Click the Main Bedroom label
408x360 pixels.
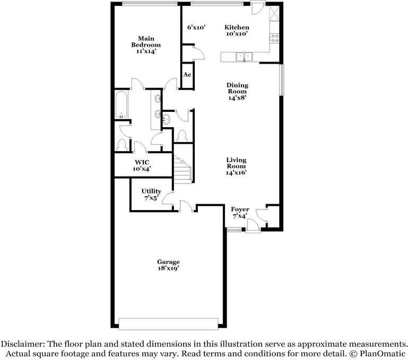[x=146, y=45]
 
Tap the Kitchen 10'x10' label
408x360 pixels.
[x=237, y=30]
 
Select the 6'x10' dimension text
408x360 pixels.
[x=196, y=27]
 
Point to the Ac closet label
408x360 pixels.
[x=187, y=75]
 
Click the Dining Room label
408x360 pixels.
[x=237, y=91]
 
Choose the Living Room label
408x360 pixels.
[x=236, y=166]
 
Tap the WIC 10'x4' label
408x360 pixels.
[x=142, y=165]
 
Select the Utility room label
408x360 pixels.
[x=151, y=195]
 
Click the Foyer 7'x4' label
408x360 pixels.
[x=240, y=213]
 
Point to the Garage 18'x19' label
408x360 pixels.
[x=168, y=265]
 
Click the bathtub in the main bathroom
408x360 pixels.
[x=121, y=104]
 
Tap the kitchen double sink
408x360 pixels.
[x=244, y=57]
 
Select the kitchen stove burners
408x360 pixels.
[x=275, y=38]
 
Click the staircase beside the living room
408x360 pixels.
[x=183, y=169]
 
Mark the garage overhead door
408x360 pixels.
[x=168, y=324]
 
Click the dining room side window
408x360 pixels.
[x=282, y=80]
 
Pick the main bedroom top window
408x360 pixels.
[x=150, y=4]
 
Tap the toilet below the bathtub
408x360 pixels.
[x=121, y=145]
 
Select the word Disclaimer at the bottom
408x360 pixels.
[x=23, y=344]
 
